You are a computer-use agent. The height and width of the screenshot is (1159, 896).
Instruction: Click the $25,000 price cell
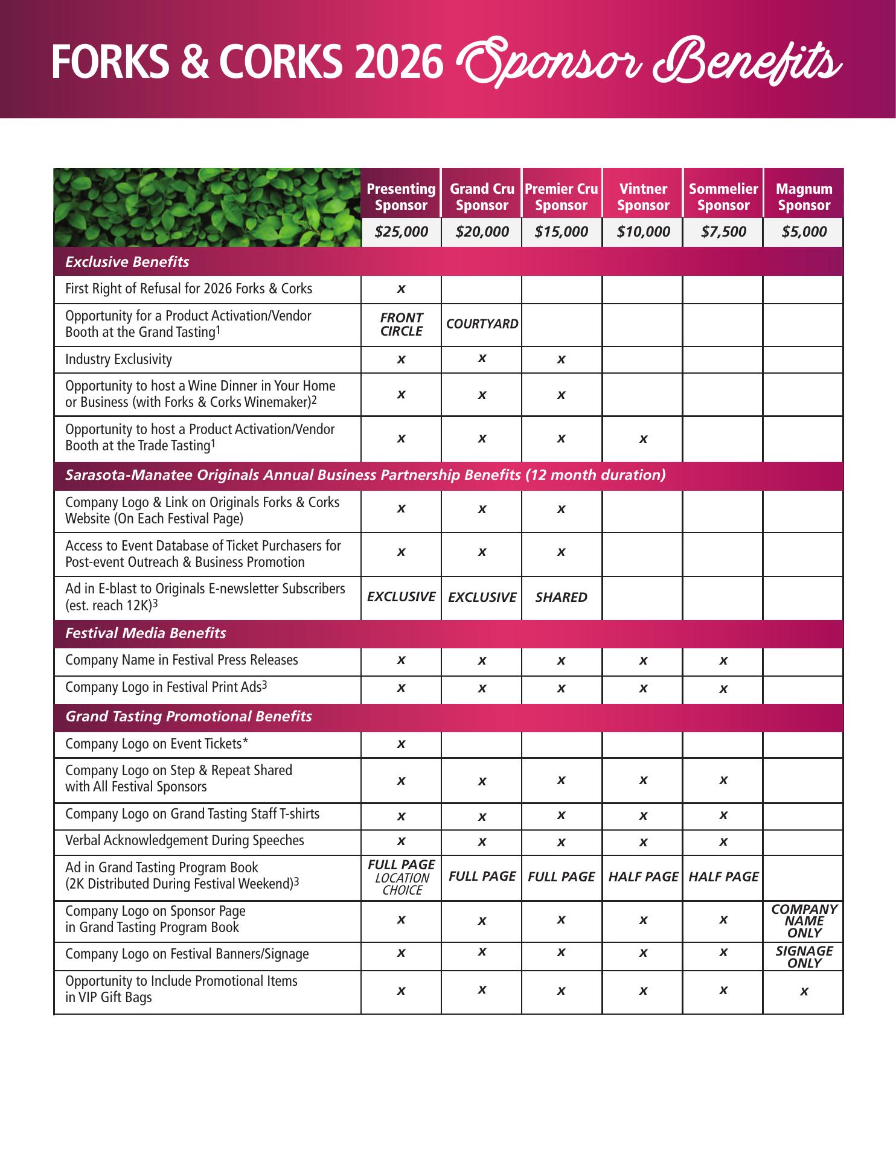pos(401,232)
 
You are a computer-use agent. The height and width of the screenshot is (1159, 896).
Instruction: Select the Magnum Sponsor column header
pos(804,197)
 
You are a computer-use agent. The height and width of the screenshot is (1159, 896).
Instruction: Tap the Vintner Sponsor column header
pos(643,197)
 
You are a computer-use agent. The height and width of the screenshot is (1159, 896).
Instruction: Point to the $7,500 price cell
pos(723,232)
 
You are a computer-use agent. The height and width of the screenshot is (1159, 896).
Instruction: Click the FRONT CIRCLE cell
pos(401,324)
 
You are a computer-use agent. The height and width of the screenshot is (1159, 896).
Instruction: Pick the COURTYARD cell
pos(482,324)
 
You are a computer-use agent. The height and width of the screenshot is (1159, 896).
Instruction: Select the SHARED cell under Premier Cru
pos(561,598)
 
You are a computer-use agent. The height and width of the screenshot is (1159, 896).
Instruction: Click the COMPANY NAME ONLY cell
pos(804,921)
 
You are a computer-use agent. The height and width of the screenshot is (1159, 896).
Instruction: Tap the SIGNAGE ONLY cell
pos(804,957)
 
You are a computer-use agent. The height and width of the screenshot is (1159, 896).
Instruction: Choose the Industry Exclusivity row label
pos(118,360)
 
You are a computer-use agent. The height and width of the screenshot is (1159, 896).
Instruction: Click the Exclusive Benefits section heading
pos(127,262)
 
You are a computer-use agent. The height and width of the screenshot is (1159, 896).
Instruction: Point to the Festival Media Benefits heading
pos(146,633)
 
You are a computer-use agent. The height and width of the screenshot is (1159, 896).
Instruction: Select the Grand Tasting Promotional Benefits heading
pos(188,717)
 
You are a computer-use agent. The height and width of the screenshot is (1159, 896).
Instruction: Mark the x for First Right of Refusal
pos(401,289)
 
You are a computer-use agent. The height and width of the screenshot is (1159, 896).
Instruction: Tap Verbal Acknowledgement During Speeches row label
pos(184,841)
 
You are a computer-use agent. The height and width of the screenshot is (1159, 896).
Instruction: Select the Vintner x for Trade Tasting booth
pos(643,439)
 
